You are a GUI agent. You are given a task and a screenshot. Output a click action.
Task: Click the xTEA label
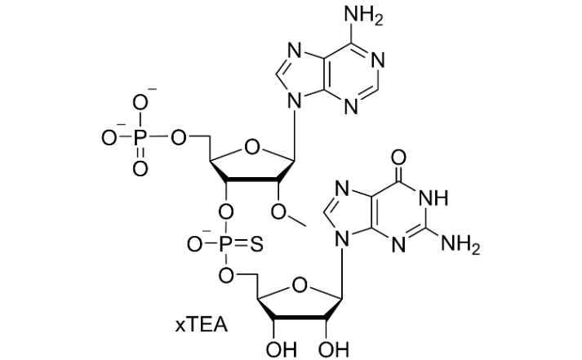coord(201,326)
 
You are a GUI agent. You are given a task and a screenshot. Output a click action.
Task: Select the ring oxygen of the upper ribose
coord(252,149)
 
